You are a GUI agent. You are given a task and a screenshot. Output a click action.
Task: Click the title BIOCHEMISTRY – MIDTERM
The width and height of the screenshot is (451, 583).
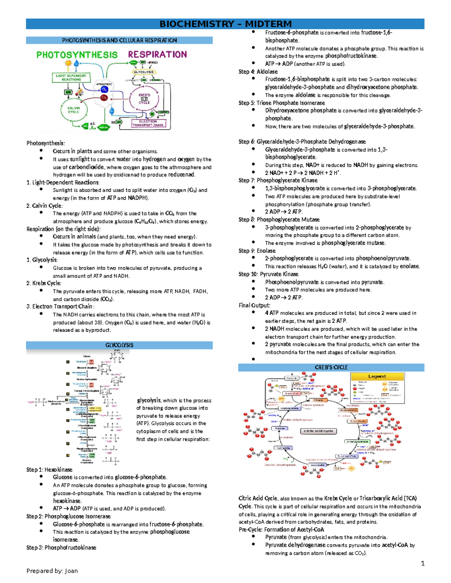point(225,24)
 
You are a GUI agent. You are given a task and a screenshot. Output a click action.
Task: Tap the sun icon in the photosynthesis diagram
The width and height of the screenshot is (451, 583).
point(68,63)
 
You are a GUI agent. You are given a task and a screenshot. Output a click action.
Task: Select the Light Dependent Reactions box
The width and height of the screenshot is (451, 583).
point(71,78)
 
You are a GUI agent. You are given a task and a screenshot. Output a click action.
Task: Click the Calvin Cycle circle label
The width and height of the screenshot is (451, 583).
point(74,110)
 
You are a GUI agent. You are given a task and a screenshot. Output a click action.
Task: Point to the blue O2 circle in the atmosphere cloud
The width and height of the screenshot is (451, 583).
point(104,90)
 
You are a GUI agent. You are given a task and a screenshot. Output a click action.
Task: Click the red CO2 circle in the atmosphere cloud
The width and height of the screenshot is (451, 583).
point(104,98)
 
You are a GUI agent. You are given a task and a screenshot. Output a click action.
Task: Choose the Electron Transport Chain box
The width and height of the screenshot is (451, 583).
point(148,124)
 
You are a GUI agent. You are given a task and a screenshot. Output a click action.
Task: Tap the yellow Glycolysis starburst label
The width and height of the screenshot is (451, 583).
point(144,72)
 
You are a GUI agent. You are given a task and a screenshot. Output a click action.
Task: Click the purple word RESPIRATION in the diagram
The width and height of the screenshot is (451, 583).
point(157,55)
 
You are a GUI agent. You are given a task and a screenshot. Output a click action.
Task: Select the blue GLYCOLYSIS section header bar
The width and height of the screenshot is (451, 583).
point(119,345)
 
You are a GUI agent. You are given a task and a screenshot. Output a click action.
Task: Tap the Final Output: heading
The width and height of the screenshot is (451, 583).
point(254,305)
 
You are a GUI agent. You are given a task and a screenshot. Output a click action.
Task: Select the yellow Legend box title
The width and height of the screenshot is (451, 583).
point(377,376)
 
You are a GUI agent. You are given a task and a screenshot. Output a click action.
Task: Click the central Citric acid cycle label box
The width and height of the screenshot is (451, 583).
point(318,431)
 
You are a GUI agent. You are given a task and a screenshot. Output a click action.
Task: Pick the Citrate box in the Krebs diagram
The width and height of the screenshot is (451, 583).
point(318,400)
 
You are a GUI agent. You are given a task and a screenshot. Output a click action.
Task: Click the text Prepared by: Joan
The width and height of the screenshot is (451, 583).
point(52,571)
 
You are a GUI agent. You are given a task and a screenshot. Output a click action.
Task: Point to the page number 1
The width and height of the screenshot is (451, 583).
point(422,563)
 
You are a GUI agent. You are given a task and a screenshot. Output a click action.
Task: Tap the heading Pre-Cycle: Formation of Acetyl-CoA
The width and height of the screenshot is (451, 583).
point(281,529)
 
